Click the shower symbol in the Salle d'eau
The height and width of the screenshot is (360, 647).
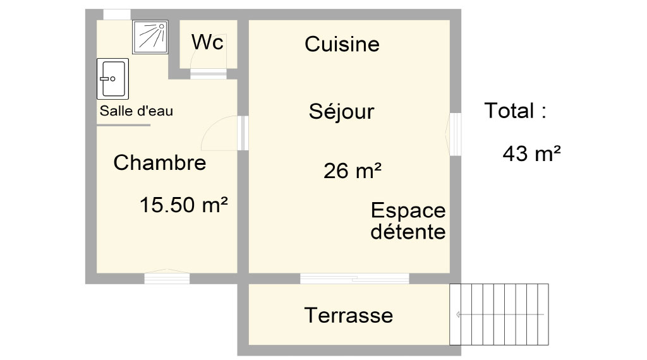pos(150,37)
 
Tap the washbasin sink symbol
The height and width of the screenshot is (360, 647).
pos(112,79)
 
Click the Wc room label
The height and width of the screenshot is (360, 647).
pos(207,42)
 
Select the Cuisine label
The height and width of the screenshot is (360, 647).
pos(342,44)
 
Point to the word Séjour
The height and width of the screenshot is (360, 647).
pos(342,111)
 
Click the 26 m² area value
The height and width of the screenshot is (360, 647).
pos(353,171)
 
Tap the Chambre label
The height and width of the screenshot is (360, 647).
pos(160,162)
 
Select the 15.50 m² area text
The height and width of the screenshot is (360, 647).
pos(184,205)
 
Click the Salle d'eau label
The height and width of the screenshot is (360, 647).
pos(136,111)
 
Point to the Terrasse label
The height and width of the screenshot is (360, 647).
pos(349,315)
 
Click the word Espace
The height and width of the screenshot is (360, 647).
pos(408,211)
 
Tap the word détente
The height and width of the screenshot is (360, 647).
pos(408,231)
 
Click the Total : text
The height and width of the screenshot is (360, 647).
pos(516,111)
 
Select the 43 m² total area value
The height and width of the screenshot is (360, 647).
pos(531,154)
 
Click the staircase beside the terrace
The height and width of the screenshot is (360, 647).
pos(499,315)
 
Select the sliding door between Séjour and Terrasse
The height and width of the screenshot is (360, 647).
pos(354,279)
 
